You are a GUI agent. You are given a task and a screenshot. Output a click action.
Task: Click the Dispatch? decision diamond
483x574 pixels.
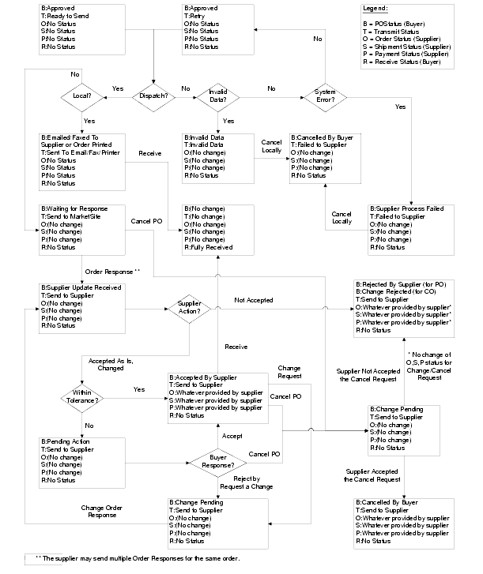[155, 96]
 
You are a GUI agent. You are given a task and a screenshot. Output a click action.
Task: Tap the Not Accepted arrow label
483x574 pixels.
[254, 300]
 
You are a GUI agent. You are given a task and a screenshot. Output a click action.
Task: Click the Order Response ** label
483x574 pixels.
[112, 271]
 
